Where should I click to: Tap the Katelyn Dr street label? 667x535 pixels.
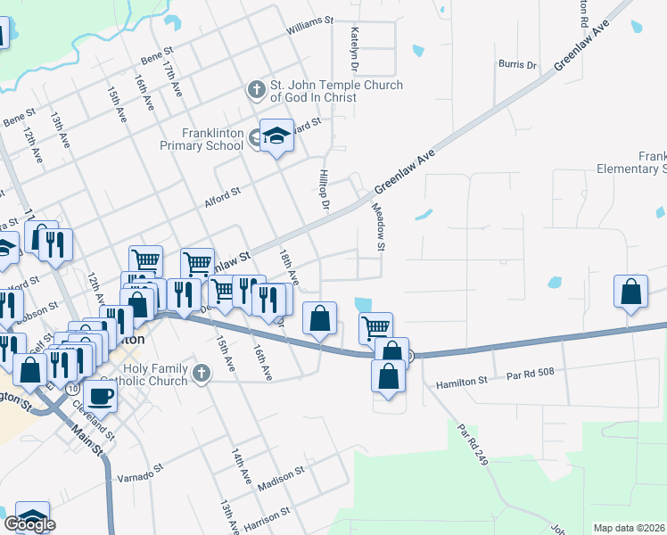[354, 48]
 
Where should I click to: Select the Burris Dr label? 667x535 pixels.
[518, 64]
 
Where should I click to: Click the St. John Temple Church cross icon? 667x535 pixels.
[256, 90]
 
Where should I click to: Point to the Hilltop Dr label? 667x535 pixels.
[325, 192]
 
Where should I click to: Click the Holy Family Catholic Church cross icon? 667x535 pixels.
[202, 372]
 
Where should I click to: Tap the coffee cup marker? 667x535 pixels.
[100, 395]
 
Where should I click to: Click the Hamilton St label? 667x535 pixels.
[462, 383]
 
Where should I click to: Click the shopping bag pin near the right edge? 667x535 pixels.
[631, 292]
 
